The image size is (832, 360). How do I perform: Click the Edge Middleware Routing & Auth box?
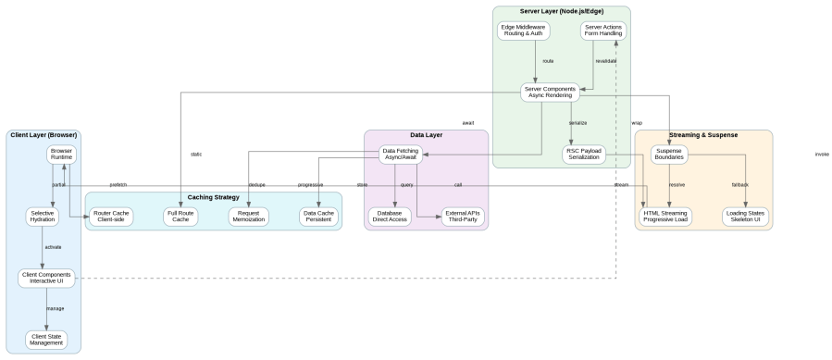(x=523, y=31)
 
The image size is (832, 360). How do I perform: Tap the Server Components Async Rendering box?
(x=549, y=93)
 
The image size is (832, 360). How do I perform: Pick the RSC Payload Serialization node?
(x=584, y=154)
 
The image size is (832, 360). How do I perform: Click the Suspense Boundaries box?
(x=668, y=154)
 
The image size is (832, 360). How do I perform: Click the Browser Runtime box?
(x=62, y=154)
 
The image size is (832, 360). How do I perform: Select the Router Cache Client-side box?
(x=112, y=216)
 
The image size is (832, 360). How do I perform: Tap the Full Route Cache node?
(x=180, y=216)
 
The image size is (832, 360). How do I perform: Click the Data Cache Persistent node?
(x=317, y=216)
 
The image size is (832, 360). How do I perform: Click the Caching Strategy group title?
(x=213, y=197)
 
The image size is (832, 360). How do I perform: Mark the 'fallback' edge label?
(x=739, y=185)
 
